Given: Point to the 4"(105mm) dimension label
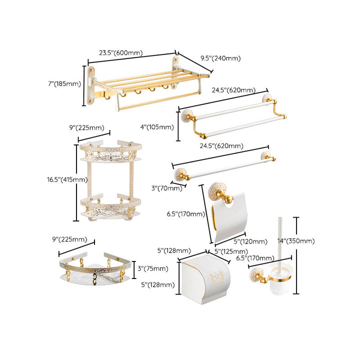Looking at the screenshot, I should point(157,126).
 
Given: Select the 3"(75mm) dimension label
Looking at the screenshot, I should point(152,268).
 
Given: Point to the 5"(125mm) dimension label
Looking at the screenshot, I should point(231,251).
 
